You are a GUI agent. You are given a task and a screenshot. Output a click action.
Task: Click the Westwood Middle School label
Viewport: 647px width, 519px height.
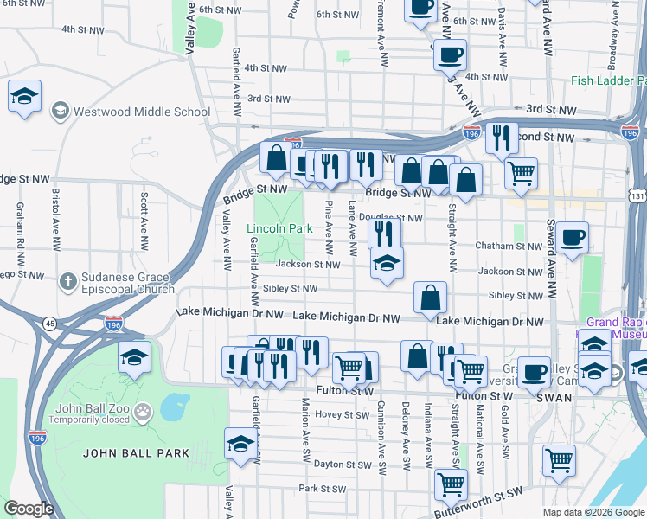click(142, 112)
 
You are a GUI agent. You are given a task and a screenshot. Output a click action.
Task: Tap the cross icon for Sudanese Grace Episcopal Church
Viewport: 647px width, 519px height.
click(67, 281)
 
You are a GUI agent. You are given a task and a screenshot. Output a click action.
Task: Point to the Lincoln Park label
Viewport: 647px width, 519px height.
click(279, 229)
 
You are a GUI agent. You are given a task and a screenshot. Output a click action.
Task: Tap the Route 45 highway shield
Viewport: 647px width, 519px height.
click(51, 324)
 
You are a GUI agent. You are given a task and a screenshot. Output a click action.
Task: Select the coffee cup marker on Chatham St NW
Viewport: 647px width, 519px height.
click(572, 238)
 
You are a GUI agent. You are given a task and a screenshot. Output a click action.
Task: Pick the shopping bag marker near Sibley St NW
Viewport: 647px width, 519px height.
click(430, 298)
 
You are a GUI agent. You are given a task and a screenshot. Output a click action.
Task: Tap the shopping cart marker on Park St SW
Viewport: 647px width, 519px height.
click(450, 484)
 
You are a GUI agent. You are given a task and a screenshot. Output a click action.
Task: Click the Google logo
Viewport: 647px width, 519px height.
click(29, 509)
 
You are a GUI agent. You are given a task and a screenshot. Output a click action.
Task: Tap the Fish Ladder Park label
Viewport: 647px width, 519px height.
click(608, 81)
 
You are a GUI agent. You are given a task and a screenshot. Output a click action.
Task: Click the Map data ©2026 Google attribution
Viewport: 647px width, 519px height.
click(592, 512)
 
